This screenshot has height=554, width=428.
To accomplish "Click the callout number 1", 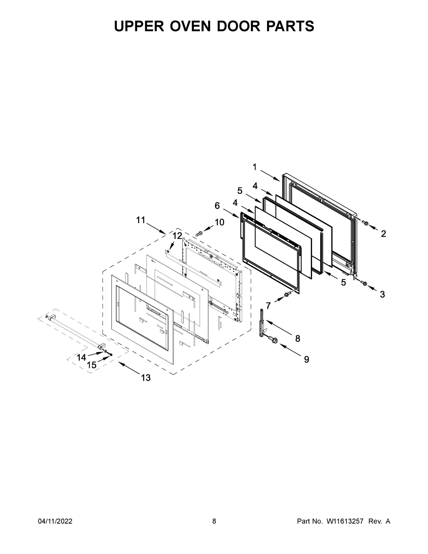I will click(x=254, y=167).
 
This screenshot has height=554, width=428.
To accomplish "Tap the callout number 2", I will click(x=383, y=234).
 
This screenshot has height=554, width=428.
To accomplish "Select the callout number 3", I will click(x=382, y=295).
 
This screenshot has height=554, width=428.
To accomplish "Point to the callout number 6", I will click(x=217, y=206).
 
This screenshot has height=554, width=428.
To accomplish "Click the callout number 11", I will click(x=141, y=220).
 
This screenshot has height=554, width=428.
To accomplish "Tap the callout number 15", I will click(x=92, y=365).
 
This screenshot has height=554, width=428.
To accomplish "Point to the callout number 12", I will click(x=177, y=236).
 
